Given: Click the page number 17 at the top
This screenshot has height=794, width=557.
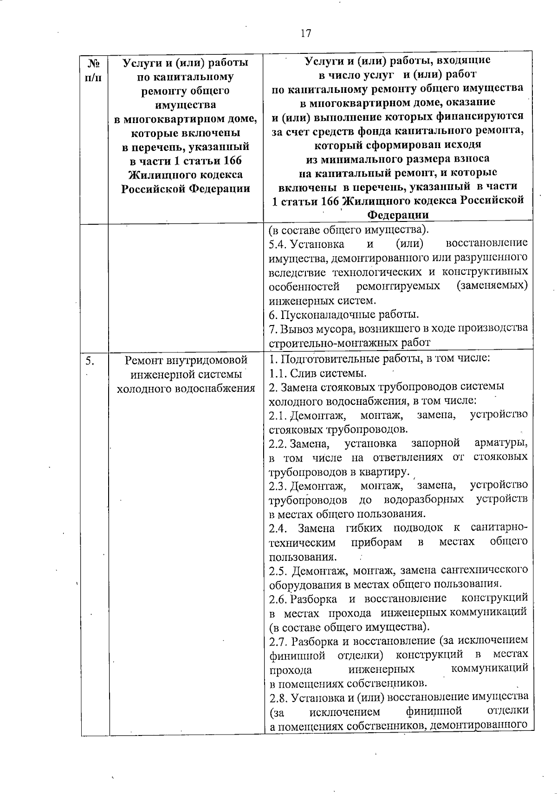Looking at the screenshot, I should (x=305, y=34).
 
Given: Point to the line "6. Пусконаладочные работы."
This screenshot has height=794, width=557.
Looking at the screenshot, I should (x=344, y=314).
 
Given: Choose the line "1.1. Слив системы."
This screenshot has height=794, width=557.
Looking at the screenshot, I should (x=318, y=373).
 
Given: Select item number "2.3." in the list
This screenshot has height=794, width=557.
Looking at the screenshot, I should (x=278, y=486).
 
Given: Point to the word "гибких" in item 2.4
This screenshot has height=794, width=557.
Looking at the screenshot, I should (x=363, y=528).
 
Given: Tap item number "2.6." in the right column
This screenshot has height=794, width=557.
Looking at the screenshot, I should (x=278, y=598).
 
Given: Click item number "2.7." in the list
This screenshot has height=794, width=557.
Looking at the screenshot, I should (x=278, y=641).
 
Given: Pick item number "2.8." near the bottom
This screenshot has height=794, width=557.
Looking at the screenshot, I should (x=278, y=697).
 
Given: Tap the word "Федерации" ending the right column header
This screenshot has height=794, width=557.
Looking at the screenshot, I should (x=398, y=215).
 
